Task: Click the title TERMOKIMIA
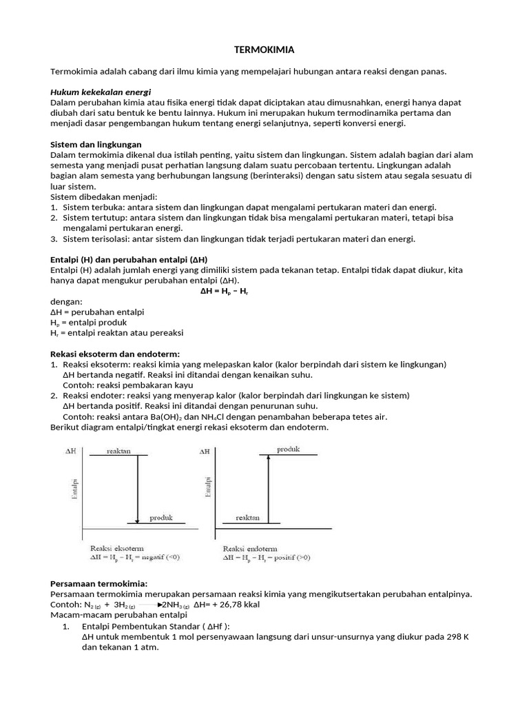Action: point(265,50)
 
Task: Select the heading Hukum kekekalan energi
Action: point(101,92)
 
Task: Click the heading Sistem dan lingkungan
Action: point(96,145)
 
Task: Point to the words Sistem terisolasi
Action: point(95,239)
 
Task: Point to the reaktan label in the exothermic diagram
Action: point(118,451)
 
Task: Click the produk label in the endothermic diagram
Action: point(288,450)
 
